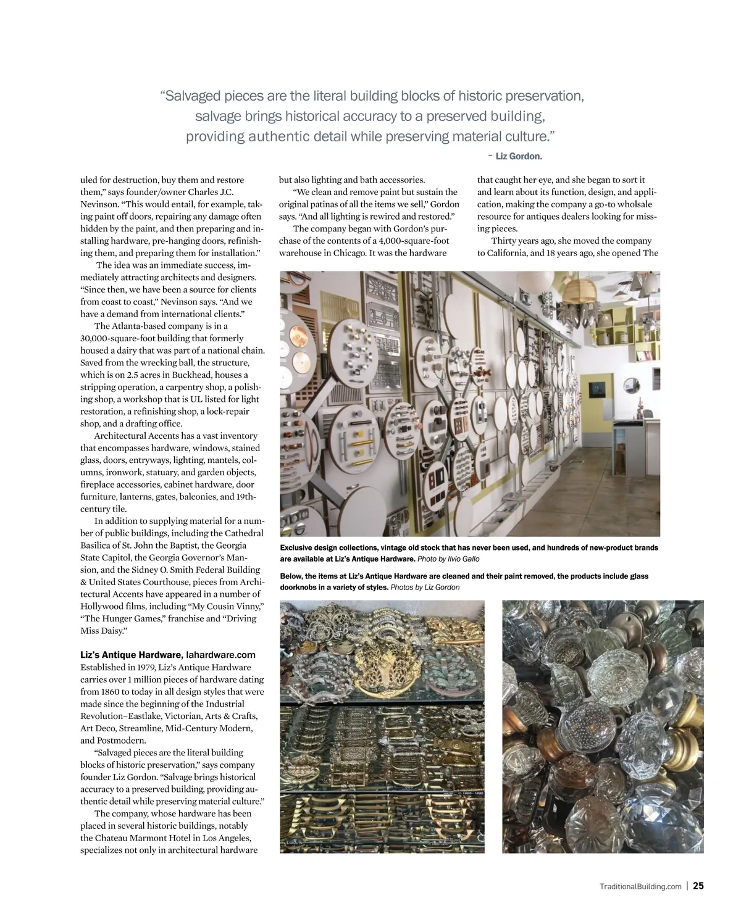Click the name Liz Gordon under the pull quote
point(519,156)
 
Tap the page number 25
point(698,886)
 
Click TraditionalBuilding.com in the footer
point(640,886)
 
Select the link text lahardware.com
point(220,655)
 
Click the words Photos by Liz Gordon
point(425,587)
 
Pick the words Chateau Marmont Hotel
point(146,837)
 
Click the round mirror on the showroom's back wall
point(631,384)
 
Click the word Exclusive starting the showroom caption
point(295,547)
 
